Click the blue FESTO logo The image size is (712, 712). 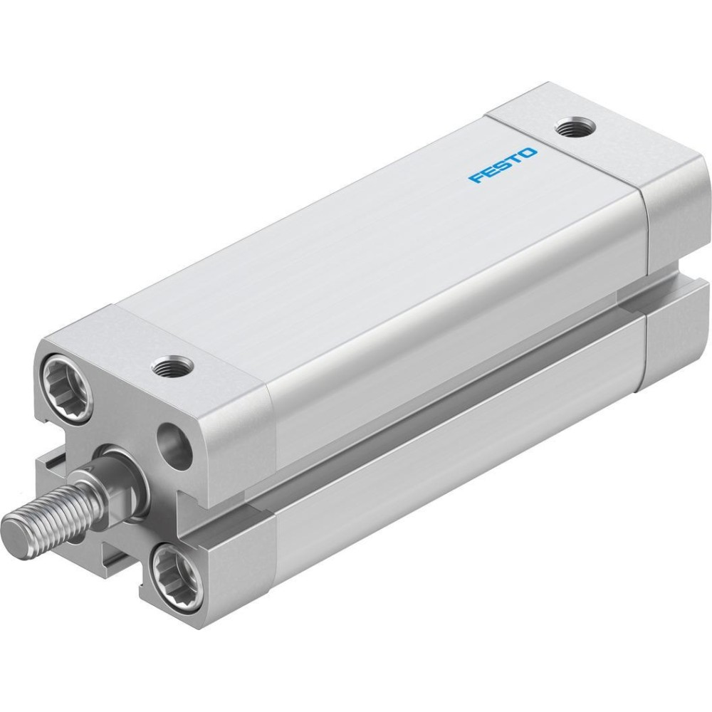(503, 165)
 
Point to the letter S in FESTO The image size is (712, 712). (502, 165)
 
